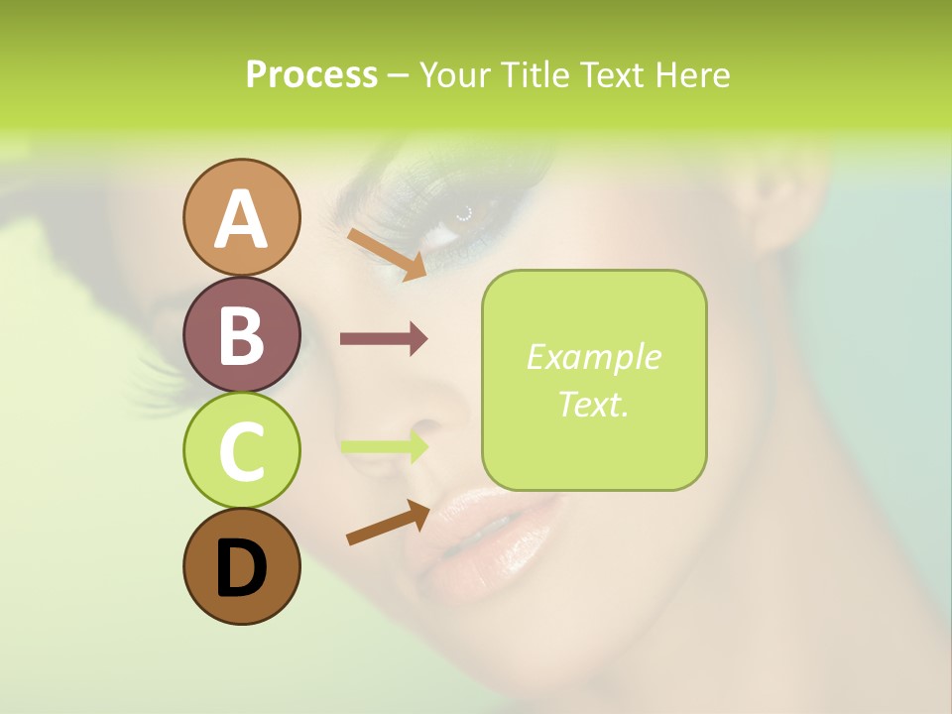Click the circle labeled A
point(241,217)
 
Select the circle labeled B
point(241,334)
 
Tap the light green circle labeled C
point(241,451)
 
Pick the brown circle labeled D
point(241,567)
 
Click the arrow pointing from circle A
point(386,254)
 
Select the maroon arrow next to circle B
point(383,339)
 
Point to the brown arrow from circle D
point(387,523)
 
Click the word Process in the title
point(311,75)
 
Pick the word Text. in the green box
point(593,404)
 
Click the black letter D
point(241,569)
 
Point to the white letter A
point(241,219)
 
